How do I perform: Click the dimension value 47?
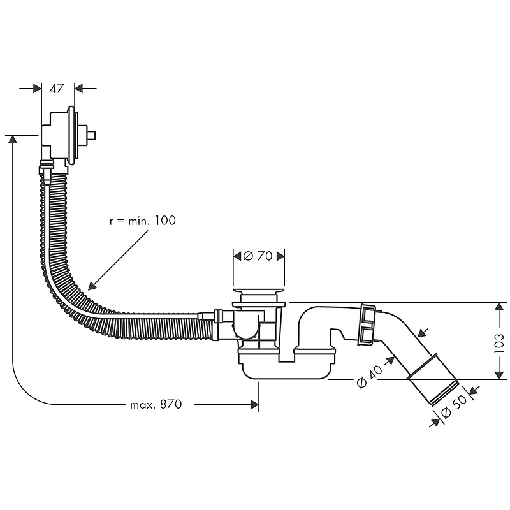click(x=57, y=89)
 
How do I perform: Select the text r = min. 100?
click(x=142, y=221)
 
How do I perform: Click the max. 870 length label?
click(x=156, y=404)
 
